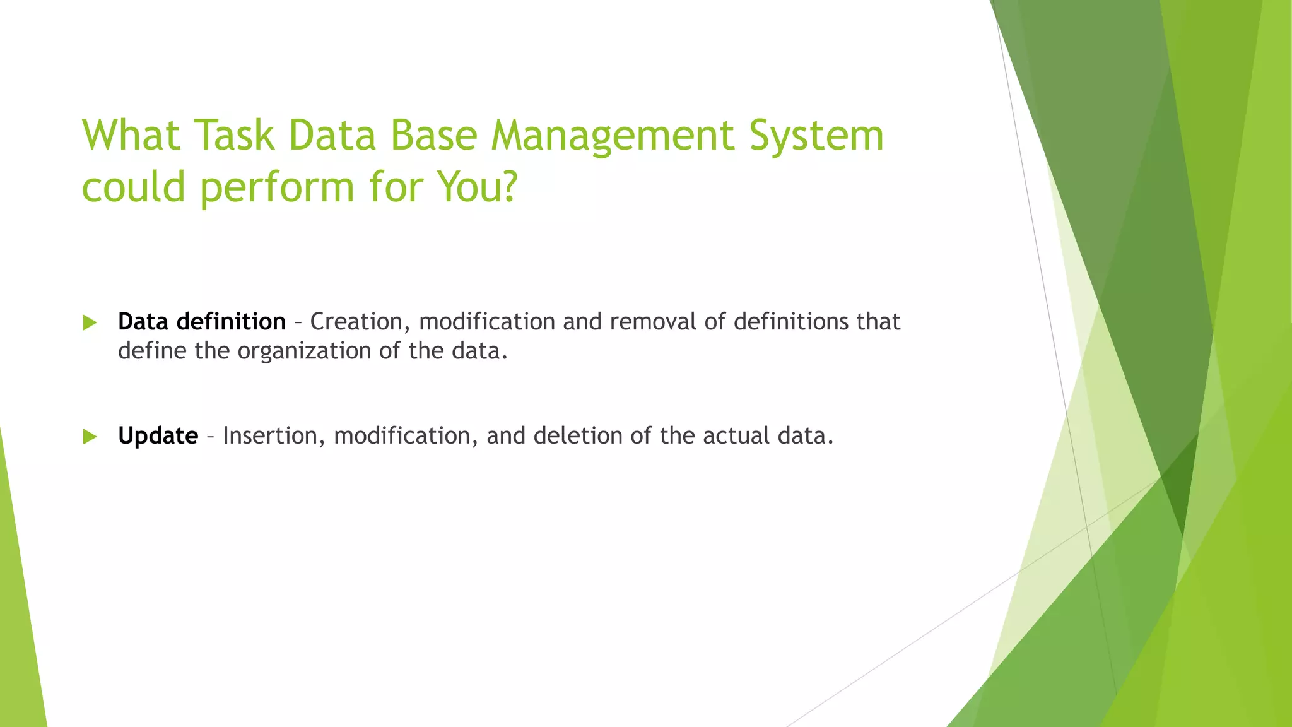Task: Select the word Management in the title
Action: (613, 136)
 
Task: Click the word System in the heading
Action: (816, 136)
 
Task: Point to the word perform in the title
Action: (278, 188)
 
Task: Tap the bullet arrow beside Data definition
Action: (90, 323)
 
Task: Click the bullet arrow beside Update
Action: (90, 437)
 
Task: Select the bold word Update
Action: (158, 436)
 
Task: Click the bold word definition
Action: (231, 322)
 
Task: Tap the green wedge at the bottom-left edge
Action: (19, 631)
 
